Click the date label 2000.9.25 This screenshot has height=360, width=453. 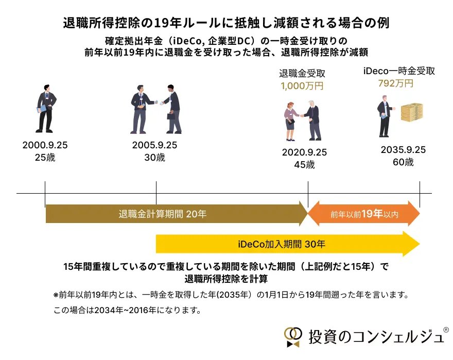(45, 146)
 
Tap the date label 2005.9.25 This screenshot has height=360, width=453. (154, 146)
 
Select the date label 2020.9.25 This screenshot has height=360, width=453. (304, 153)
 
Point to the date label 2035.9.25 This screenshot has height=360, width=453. (403, 150)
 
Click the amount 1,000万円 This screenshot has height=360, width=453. (302, 86)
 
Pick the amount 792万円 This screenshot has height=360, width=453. (395, 83)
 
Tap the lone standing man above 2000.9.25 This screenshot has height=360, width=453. (45, 109)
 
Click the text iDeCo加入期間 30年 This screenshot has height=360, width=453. (282, 244)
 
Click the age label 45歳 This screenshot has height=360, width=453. (304, 165)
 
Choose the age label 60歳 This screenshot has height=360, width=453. (403, 162)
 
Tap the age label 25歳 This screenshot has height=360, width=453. (45, 158)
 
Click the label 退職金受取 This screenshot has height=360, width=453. (302, 73)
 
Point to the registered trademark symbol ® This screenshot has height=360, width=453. (446, 329)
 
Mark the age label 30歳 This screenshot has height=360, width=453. (154, 158)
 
